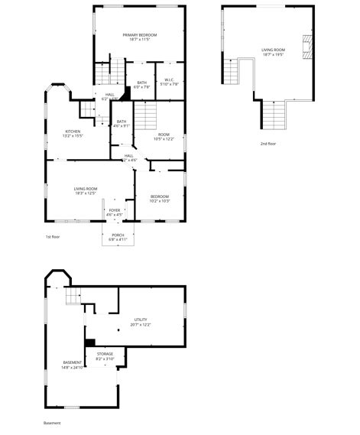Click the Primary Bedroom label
[140, 36]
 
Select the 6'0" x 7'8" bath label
[142, 85]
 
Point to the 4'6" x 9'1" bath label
[122, 123]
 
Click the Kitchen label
[73, 133]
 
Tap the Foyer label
[114, 212]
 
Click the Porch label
[118, 236]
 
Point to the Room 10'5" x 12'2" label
[164, 136]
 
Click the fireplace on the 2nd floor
[307, 47]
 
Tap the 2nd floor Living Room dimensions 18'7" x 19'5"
[274, 54]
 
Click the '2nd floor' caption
[268, 144]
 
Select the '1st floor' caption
[52, 237]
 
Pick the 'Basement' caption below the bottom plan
[52, 423]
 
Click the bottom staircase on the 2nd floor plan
[273, 116]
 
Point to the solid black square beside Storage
[89, 342]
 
